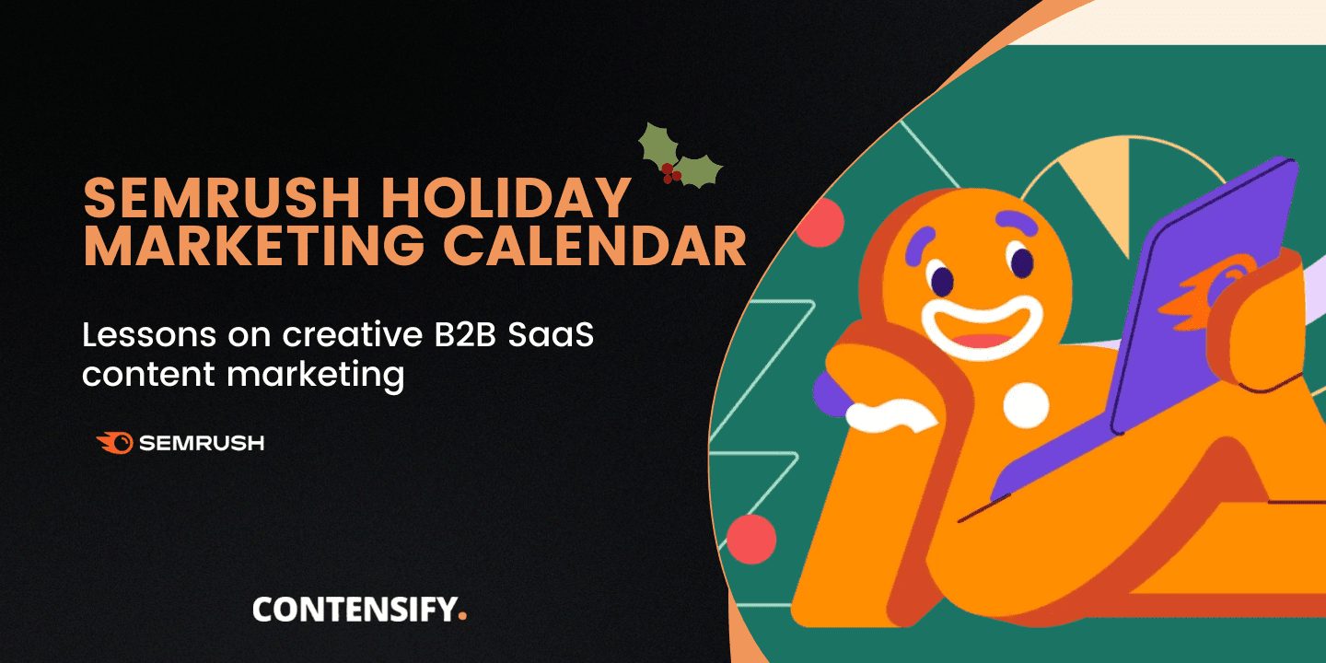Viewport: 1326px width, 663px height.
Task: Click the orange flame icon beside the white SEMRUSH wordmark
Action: (x=115, y=443)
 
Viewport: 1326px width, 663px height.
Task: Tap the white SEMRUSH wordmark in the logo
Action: (x=202, y=443)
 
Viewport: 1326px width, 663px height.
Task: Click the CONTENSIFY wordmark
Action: (x=353, y=610)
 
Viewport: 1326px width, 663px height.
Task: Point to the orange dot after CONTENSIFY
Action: (x=462, y=615)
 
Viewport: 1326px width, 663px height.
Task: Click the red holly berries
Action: (x=671, y=171)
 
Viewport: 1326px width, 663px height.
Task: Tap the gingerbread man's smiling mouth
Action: (x=980, y=327)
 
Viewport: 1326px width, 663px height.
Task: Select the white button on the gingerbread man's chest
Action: (x=1026, y=405)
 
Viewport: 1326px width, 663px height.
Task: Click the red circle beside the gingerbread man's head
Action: (x=820, y=223)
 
